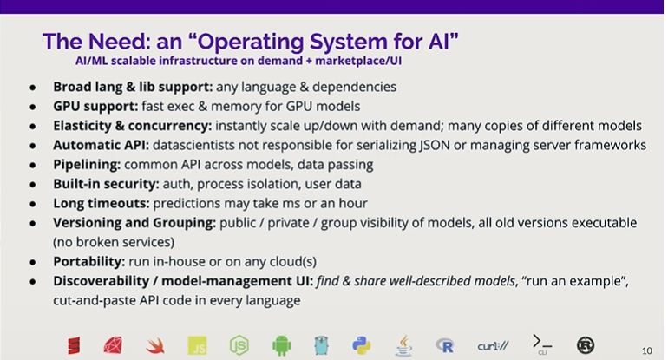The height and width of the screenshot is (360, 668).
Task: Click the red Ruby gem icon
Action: (x=113, y=345)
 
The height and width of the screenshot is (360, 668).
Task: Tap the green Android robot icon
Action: (x=282, y=345)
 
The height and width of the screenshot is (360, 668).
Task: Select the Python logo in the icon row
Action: (x=362, y=345)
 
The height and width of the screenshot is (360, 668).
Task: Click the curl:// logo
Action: (x=493, y=346)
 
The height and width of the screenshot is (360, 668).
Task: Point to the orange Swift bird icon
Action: (x=155, y=345)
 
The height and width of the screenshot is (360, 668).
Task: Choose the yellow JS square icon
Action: (x=197, y=345)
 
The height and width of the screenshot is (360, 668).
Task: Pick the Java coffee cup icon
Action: (x=403, y=345)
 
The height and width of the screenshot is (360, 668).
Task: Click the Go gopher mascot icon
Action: (x=321, y=345)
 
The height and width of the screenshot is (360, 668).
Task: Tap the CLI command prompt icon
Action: (x=542, y=344)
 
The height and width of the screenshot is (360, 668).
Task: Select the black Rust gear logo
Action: (x=586, y=345)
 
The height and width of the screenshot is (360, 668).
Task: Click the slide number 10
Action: (x=646, y=350)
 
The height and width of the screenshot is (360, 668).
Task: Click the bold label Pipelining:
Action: (x=87, y=165)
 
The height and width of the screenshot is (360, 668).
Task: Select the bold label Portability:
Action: (x=89, y=262)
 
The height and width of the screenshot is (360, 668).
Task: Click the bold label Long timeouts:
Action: (x=102, y=203)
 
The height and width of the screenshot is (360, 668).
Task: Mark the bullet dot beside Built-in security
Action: (x=33, y=185)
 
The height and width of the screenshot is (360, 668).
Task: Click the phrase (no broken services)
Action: (x=114, y=242)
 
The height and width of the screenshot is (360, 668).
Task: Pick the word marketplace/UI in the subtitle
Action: (x=358, y=61)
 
